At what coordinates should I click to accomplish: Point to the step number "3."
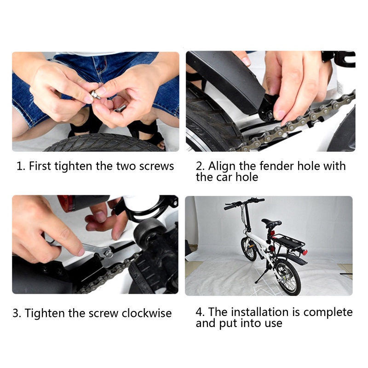click(17, 314)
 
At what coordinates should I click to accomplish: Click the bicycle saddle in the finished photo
click(272, 222)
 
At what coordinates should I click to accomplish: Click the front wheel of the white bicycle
click(248, 249)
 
